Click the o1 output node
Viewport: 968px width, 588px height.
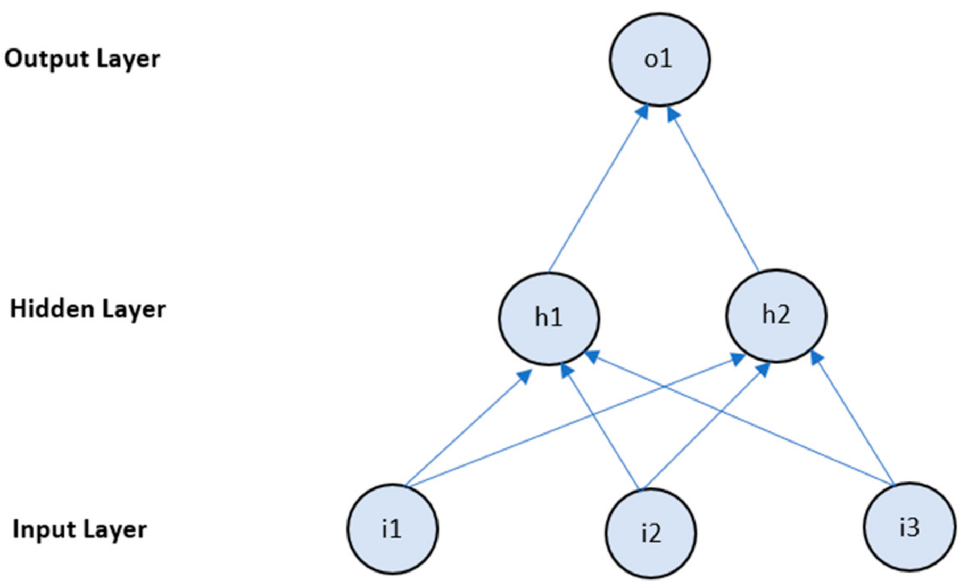coord(659,60)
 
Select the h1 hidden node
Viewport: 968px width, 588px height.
coord(549,318)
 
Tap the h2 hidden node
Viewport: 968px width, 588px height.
coord(776,316)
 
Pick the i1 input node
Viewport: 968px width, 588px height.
coord(392,529)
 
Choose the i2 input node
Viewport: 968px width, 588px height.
coord(650,533)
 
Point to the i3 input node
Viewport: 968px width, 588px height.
coord(909,527)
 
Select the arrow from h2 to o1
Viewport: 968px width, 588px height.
coord(714,189)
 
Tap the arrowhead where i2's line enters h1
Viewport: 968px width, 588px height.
coord(566,370)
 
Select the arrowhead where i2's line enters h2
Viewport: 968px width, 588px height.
coord(764,369)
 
